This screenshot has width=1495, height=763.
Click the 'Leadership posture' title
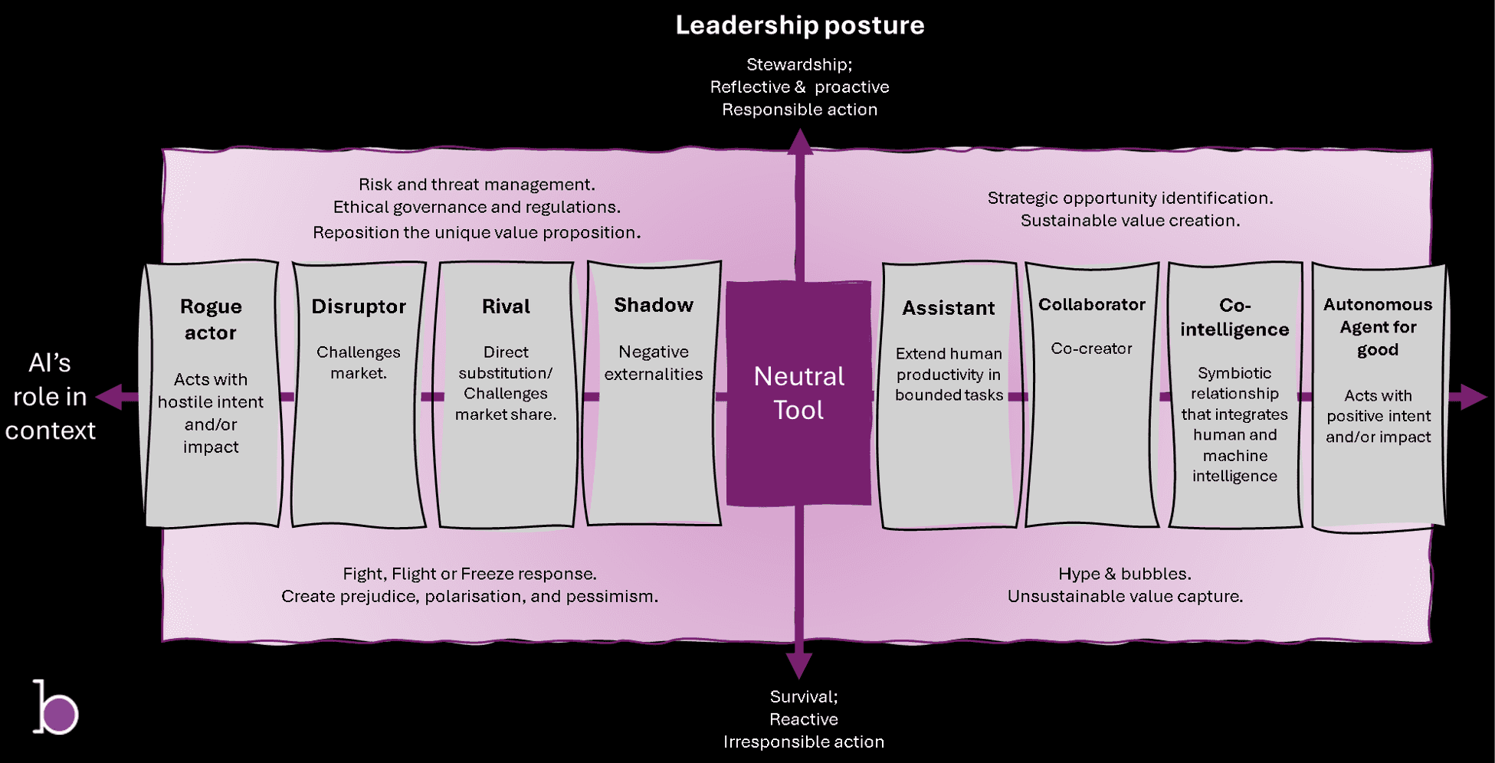tap(799, 25)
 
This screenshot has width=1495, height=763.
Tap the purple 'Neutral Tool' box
tap(798, 393)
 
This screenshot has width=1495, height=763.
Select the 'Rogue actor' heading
tap(211, 319)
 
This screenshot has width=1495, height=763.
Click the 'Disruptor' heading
tap(359, 306)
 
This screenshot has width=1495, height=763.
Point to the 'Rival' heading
tap(506, 306)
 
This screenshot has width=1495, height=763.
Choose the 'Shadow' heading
tap(654, 305)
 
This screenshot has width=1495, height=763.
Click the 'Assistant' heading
tap(949, 308)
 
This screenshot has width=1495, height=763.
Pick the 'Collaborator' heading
tap(1092, 304)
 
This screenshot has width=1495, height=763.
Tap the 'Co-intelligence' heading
tap(1234, 317)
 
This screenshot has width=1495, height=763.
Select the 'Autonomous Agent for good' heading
tap(1378, 327)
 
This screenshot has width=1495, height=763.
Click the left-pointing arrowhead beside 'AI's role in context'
tap(109, 397)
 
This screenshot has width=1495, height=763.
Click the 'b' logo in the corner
tap(55, 707)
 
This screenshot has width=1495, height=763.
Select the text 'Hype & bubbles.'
tap(1125, 574)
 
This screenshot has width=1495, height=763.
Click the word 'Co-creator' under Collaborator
tap(1091, 349)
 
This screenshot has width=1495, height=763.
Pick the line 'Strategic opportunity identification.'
tap(1130, 198)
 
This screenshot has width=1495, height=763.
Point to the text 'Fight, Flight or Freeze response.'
tap(470, 574)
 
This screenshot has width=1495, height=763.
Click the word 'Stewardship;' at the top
tap(799, 64)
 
